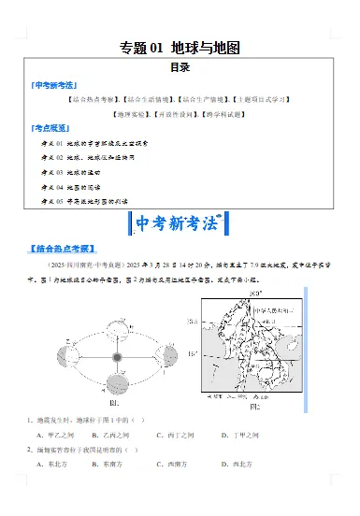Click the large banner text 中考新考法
pos(179,225)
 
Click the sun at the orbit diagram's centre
pos(118,356)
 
